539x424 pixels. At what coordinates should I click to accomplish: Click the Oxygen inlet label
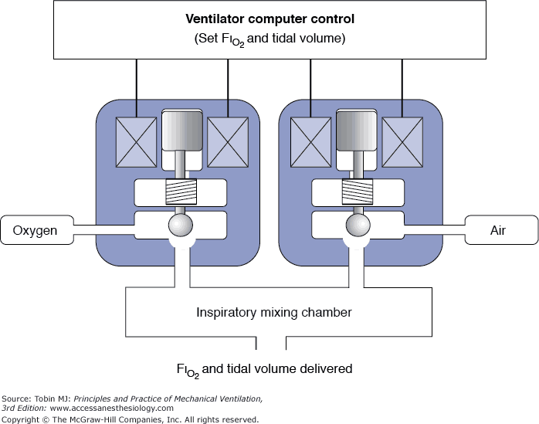(36, 230)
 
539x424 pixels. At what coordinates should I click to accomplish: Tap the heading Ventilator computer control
(269, 18)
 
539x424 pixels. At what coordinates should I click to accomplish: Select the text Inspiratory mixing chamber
(274, 313)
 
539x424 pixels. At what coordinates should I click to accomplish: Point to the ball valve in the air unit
(358, 226)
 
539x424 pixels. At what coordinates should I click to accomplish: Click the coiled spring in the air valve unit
(358, 193)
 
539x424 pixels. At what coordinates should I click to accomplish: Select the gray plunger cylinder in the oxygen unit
(181, 131)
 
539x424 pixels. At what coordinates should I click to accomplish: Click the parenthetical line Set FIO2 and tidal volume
(269, 39)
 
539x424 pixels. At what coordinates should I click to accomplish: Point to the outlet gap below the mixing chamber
(271, 341)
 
